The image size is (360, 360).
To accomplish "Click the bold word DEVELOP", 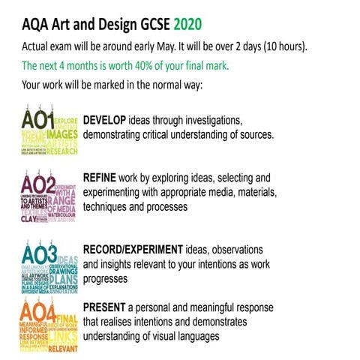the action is [105, 121].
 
